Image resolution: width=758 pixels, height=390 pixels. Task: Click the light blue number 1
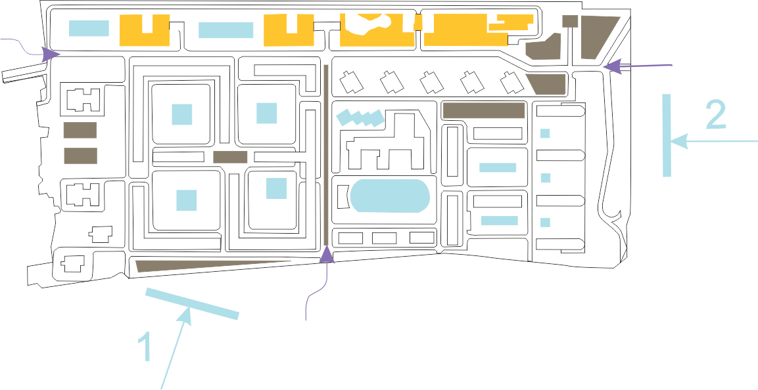click(147, 347)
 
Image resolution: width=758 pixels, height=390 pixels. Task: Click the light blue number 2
click(715, 115)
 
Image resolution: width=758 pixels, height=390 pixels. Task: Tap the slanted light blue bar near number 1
click(192, 304)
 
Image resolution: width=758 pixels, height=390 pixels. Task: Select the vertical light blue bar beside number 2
click(667, 135)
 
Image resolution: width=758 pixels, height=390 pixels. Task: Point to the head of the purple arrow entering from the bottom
click(327, 253)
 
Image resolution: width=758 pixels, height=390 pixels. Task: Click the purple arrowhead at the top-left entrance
click(48, 54)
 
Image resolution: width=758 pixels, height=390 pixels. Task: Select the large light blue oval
click(390, 195)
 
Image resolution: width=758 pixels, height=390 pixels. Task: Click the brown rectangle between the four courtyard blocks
click(230, 157)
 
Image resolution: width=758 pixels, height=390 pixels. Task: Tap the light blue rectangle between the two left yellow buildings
click(225, 30)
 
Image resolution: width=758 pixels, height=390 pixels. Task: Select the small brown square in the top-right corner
click(570, 21)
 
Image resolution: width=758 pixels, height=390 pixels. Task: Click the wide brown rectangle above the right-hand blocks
click(483, 110)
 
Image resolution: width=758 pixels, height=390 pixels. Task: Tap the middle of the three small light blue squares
click(545, 177)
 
